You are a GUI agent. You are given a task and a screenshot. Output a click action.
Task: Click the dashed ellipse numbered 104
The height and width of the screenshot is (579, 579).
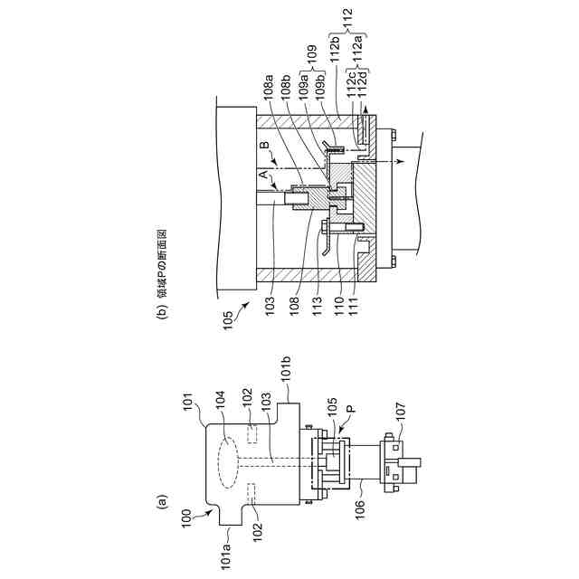(228, 462)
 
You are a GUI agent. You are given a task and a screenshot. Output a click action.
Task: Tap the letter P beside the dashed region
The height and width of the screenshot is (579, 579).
(351, 409)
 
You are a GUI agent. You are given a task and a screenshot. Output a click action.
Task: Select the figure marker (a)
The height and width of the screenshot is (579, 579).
(162, 502)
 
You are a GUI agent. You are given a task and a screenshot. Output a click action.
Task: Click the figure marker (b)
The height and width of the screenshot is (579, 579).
(162, 310)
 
